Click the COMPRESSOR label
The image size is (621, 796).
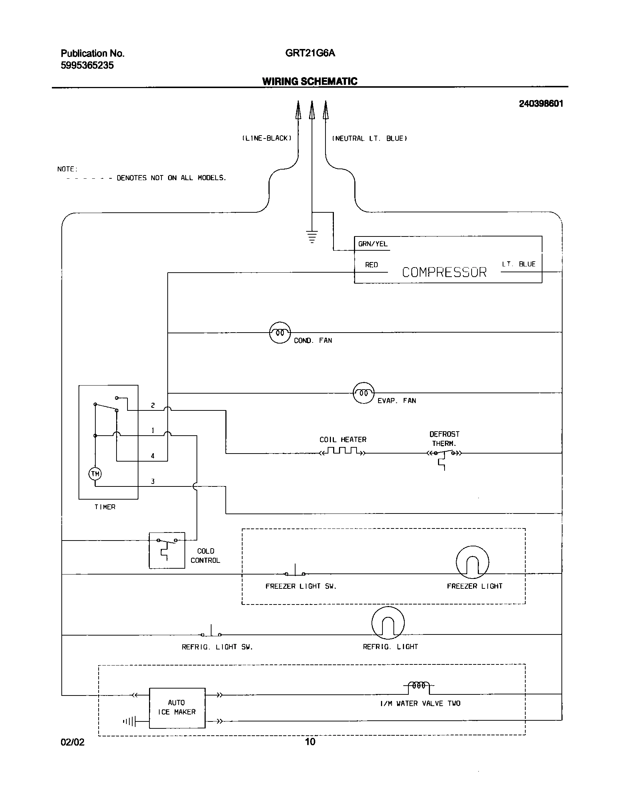[x=444, y=272]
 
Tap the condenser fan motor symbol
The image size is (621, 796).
[x=280, y=333]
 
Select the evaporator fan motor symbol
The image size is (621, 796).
[x=363, y=393]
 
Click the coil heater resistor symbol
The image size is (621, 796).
[x=342, y=451]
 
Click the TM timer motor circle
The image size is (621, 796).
[x=95, y=474]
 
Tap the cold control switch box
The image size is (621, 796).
[x=167, y=550]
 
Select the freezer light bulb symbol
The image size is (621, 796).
[x=472, y=562]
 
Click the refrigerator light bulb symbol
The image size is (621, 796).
[x=388, y=623]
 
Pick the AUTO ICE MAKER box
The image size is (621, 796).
[x=177, y=708]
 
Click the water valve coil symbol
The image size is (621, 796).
[x=419, y=686]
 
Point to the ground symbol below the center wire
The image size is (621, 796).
[x=312, y=237]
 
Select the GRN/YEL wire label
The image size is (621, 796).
[x=373, y=244]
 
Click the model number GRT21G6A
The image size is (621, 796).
[x=310, y=53]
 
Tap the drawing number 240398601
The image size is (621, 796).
[x=541, y=104]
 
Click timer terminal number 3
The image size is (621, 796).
[x=153, y=481]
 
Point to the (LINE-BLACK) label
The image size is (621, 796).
[x=267, y=139]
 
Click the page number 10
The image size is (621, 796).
[x=310, y=742]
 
